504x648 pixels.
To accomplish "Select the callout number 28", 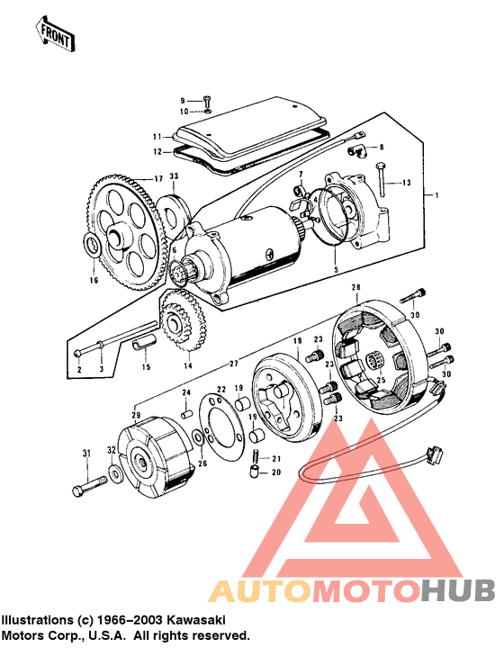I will click(x=355, y=288).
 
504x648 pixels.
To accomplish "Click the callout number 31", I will click(x=87, y=452).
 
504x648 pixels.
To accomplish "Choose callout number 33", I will click(x=173, y=175).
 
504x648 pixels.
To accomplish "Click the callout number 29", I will click(x=137, y=415).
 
